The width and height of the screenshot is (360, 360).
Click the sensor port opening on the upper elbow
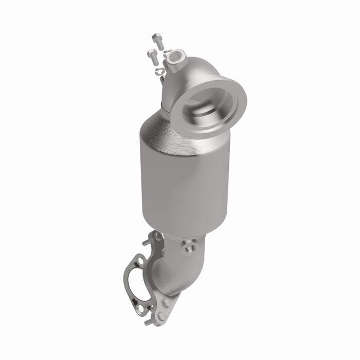176,55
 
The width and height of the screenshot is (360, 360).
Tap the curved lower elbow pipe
175,275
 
